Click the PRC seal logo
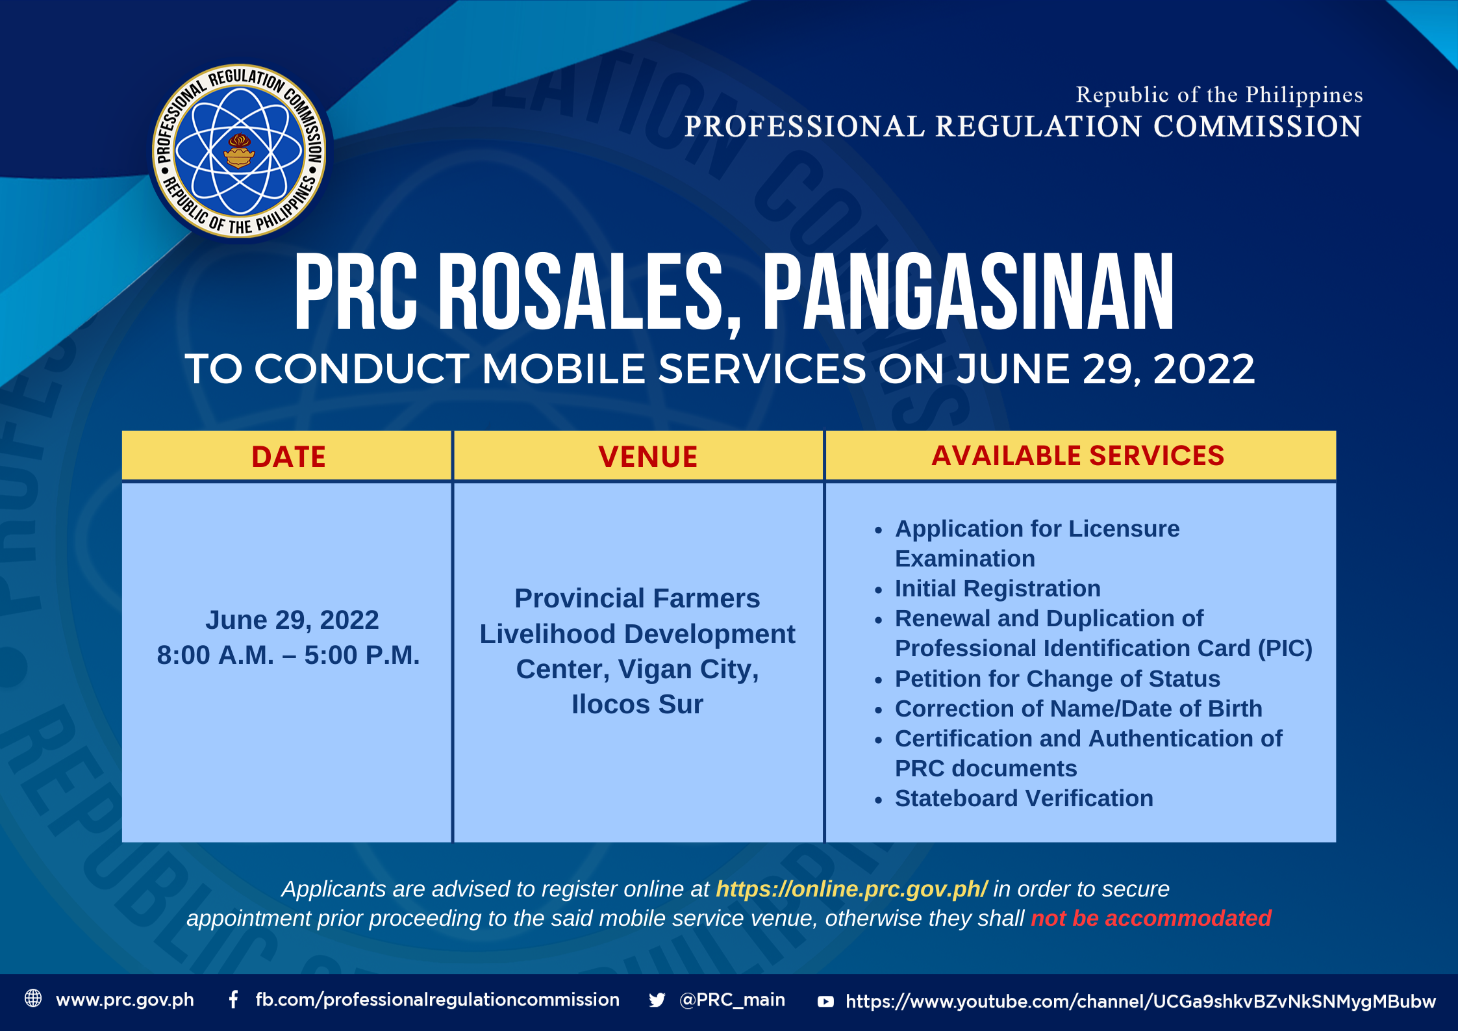tap(239, 151)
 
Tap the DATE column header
tap(288, 457)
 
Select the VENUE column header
tap(647, 457)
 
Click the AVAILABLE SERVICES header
tap(1077, 455)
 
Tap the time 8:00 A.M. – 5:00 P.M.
tap(288, 655)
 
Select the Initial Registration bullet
tap(998, 589)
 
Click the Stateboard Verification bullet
tap(1024, 798)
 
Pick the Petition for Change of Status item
tap(1057, 679)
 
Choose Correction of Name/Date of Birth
tap(1078, 709)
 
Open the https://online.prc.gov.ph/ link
tap(851, 889)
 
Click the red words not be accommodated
tap(1151, 918)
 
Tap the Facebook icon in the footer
tap(233, 999)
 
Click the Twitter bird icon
tap(657, 1000)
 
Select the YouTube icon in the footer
tap(825, 1001)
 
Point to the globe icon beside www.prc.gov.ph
tap(33, 998)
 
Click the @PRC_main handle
tap(732, 1000)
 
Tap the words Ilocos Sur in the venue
tap(637, 704)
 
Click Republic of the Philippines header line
tap(1219, 95)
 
